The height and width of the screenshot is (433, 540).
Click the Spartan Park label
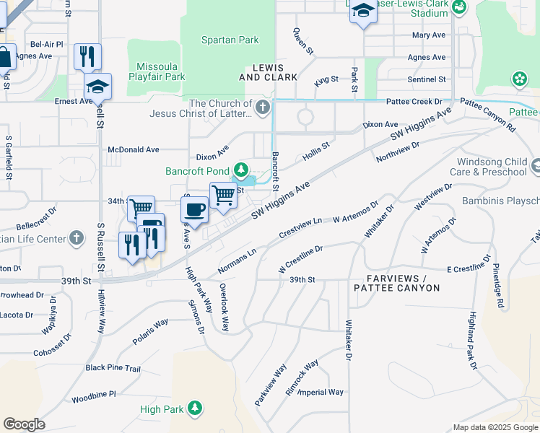[230, 40]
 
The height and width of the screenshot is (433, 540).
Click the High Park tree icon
[194, 409]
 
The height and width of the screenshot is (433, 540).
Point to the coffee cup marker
[193, 210]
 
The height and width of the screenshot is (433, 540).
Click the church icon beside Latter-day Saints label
[263, 109]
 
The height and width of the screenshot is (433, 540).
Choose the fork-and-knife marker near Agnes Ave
[87, 56]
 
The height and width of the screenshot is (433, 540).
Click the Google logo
[24, 424]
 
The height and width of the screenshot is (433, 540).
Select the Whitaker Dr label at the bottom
[349, 340]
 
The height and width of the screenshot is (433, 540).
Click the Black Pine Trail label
[113, 368]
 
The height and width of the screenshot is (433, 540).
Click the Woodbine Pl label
[94, 395]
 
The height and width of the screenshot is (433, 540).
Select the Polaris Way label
[150, 331]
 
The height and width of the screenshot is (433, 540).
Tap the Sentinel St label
[426, 79]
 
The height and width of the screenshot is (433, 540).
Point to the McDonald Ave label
[133, 149]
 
